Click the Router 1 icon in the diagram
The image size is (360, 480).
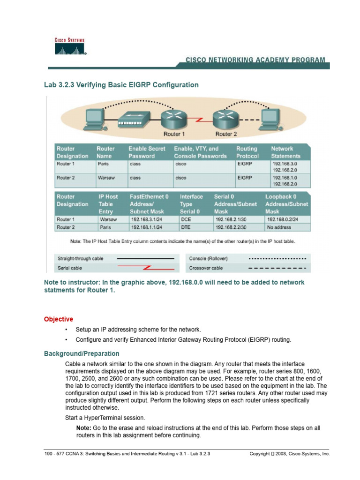(x=174, y=117)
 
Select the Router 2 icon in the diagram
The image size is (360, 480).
(x=226, y=117)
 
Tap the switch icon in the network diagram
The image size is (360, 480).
(x=132, y=119)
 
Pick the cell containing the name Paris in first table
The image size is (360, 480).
(x=103, y=164)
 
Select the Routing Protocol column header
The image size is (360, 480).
(x=247, y=152)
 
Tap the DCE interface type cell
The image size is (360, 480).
(x=186, y=219)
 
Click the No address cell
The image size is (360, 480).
(x=278, y=227)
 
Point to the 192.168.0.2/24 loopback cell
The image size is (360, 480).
(x=284, y=219)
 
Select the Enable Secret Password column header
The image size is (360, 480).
(x=147, y=152)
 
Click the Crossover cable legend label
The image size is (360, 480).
(x=206, y=268)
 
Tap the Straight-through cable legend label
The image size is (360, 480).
(x=80, y=258)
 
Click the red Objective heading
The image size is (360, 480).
(x=59, y=319)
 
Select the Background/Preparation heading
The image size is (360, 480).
(x=82, y=353)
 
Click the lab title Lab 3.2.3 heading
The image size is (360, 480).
(x=121, y=85)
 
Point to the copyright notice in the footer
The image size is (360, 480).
(x=290, y=454)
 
